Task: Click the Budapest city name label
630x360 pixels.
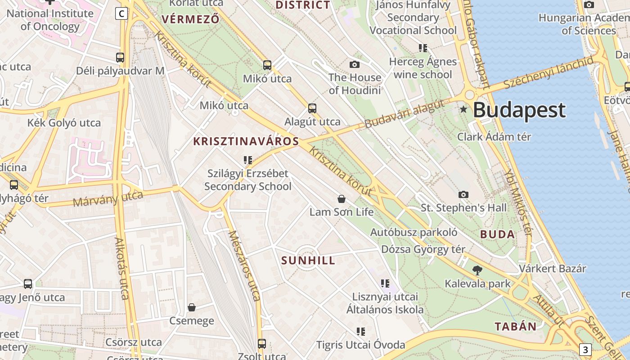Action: click(519, 110)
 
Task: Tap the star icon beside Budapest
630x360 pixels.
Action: click(463, 109)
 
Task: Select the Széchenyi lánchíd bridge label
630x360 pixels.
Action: click(549, 73)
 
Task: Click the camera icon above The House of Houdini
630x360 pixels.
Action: click(355, 64)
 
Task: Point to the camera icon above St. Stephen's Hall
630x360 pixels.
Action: click(463, 194)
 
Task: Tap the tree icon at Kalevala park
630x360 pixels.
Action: click(477, 270)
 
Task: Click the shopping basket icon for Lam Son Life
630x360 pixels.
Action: click(342, 198)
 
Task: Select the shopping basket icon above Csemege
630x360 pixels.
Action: click(192, 307)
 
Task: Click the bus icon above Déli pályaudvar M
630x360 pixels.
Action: click(120, 58)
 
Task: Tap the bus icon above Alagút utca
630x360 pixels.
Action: click(312, 108)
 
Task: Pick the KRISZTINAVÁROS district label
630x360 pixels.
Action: click(246, 141)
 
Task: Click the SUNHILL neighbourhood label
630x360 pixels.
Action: click(308, 261)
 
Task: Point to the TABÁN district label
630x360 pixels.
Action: click(516, 327)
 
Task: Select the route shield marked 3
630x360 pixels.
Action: click(585, 349)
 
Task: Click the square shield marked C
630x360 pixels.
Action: click(121, 14)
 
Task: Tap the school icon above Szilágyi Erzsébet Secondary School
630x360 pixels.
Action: click(247, 160)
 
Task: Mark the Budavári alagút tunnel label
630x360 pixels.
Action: click(404, 114)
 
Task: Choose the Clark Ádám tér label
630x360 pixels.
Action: click(494, 137)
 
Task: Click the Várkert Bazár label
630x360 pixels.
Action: click(553, 269)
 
